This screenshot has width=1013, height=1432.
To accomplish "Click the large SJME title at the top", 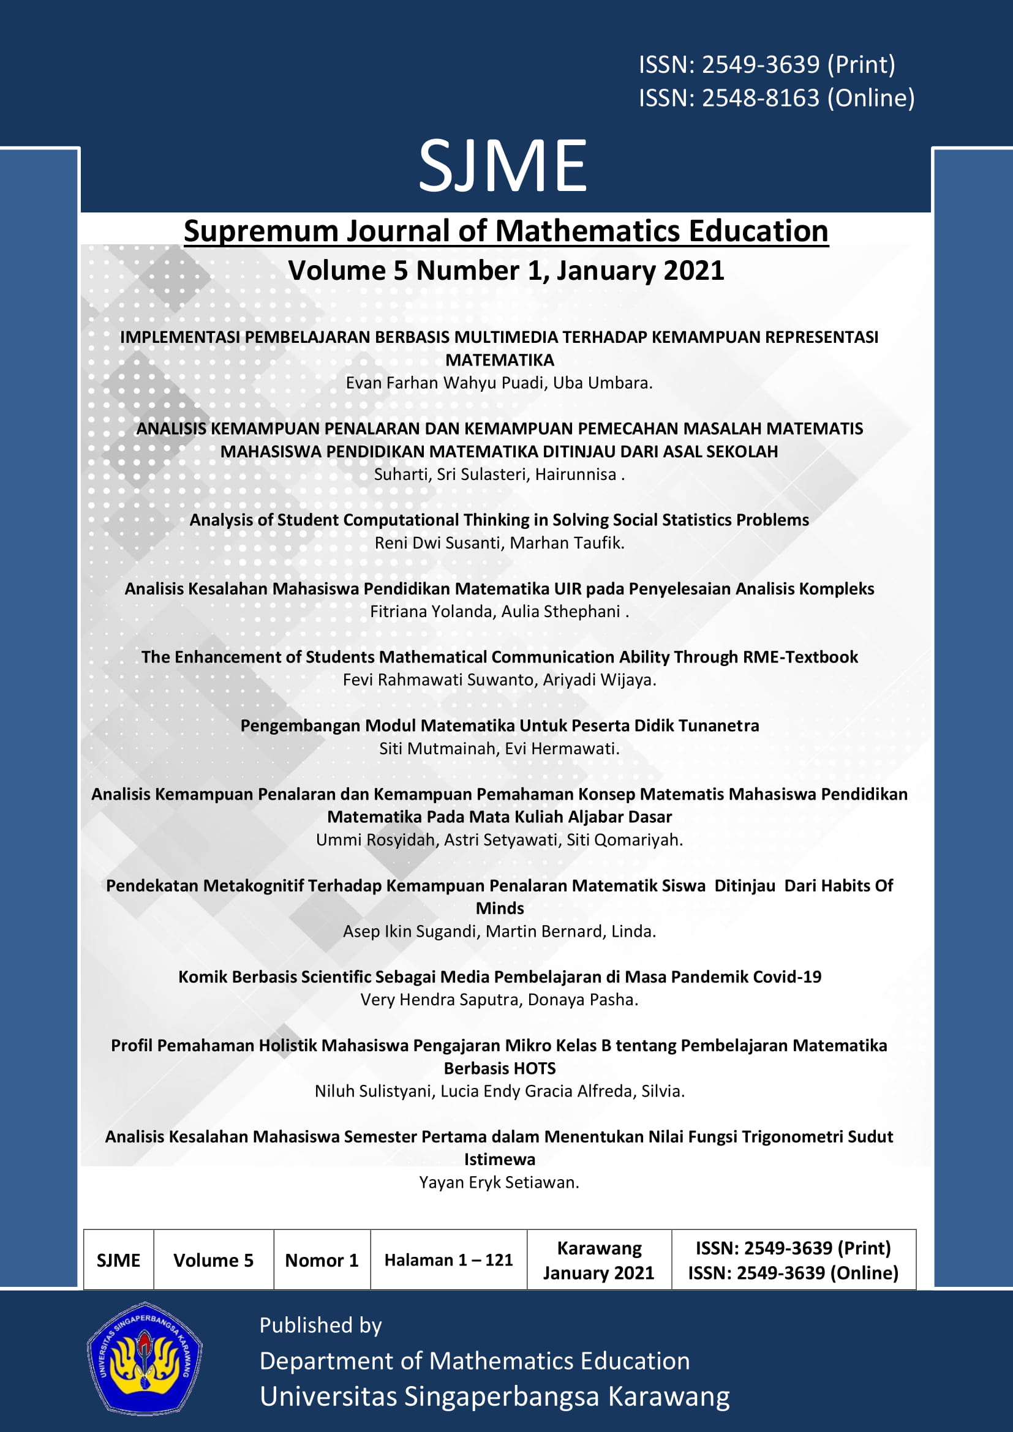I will [x=503, y=166].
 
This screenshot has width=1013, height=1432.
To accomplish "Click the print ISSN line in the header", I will [x=767, y=65].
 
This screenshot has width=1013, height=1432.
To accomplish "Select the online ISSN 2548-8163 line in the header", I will [x=777, y=98].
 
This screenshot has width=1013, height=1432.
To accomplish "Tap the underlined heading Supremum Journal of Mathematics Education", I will [x=506, y=231].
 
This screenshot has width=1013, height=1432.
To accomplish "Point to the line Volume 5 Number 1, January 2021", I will [x=506, y=271].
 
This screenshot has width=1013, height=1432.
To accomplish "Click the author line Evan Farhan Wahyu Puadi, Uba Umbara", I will [x=499, y=383].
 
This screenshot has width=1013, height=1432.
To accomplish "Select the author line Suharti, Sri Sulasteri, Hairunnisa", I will [x=499, y=474].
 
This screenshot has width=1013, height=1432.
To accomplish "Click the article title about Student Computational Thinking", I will [x=499, y=520].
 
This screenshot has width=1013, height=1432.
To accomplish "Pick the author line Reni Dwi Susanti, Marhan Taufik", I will [x=499, y=543].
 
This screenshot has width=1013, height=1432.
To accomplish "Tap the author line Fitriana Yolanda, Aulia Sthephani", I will [x=499, y=612].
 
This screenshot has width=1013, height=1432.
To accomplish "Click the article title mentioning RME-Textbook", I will [x=499, y=658].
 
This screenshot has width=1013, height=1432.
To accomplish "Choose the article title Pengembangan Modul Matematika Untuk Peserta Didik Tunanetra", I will [x=499, y=726].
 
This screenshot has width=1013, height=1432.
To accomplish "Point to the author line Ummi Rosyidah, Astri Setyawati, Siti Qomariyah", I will [x=499, y=840].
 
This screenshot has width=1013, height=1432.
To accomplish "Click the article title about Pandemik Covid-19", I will [x=499, y=977].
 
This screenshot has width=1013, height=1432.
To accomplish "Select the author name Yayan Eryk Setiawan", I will [x=499, y=1183].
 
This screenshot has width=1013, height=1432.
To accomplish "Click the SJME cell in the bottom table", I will [x=119, y=1261].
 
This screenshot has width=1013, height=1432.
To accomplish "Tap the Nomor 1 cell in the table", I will [x=322, y=1261].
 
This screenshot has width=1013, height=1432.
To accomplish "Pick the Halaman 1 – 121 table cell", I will [x=448, y=1261].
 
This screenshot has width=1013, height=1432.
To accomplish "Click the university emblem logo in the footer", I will [x=144, y=1359].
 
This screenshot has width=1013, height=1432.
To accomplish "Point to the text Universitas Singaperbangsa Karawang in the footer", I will [x=494, y=1397].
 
